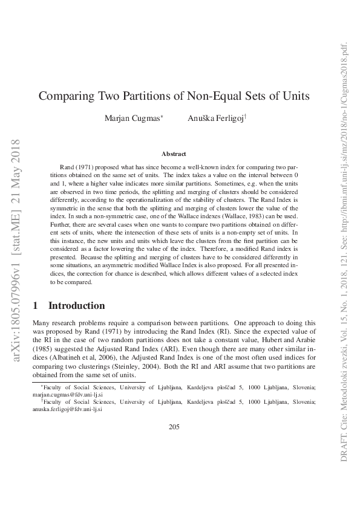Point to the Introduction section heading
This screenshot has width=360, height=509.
76,306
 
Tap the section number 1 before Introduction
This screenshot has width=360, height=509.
36,306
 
